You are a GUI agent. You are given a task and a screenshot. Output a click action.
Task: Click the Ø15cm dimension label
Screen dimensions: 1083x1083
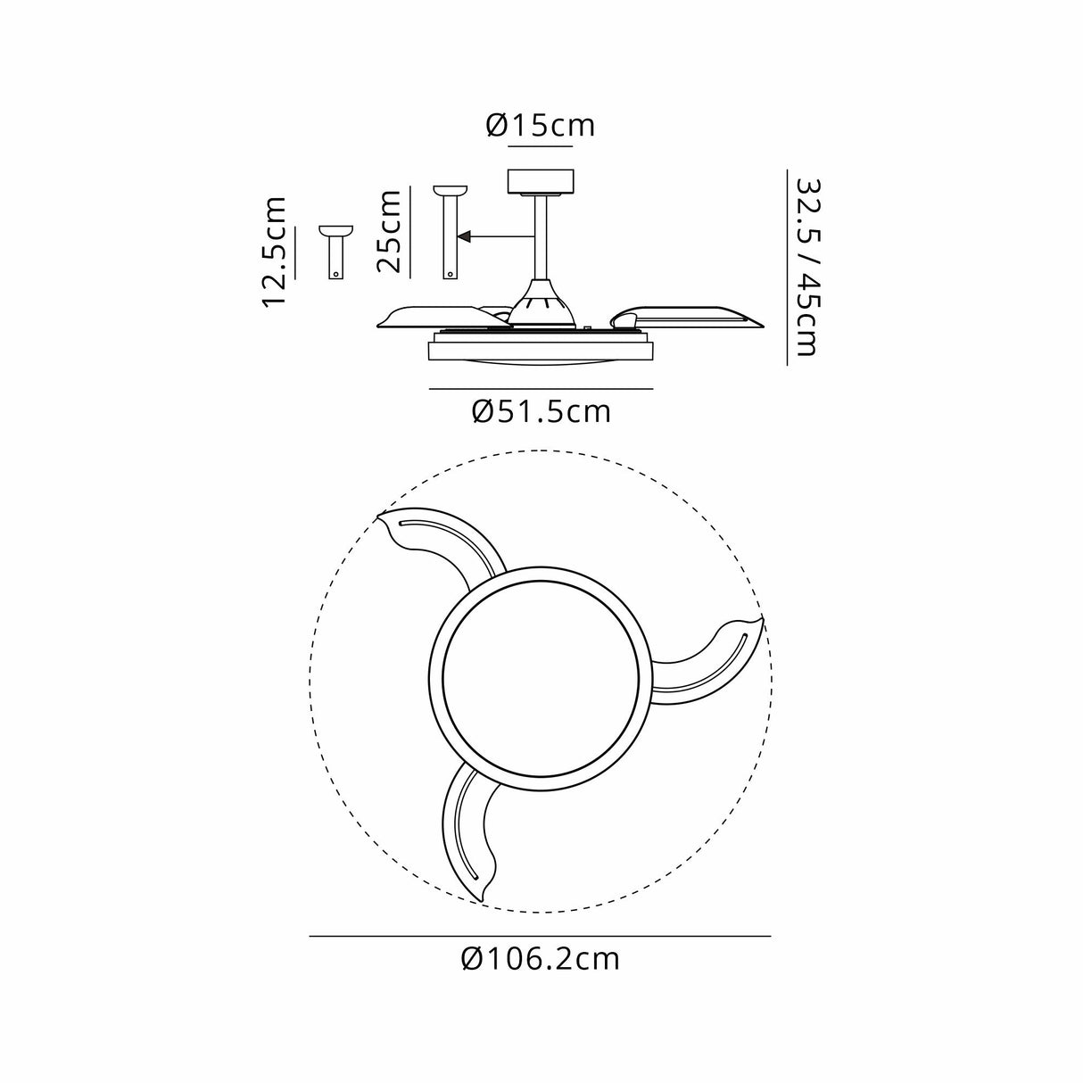[x=541, y=126]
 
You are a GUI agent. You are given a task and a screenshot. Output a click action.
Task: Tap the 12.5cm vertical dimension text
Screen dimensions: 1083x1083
[x=275, y=252]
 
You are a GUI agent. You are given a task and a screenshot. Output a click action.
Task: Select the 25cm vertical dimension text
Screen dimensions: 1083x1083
[x=389, y=231]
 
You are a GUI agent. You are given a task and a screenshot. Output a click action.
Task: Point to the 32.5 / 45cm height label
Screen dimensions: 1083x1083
[x=806, y=266]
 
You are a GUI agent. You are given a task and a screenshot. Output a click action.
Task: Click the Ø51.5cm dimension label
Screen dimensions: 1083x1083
[x=541, y=411]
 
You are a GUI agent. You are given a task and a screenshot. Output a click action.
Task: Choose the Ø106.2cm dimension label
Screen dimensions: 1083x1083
[x=541, y=959]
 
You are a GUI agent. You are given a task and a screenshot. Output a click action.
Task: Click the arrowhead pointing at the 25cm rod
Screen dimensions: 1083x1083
[x=464, y=237]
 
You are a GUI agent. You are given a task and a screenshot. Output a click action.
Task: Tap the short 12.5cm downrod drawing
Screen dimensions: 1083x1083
[x=335, y=252]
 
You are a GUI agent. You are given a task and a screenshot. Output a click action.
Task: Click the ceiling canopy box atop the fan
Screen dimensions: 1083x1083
[x=541, y=182]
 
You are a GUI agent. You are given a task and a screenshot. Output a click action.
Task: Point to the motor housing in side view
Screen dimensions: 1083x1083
[x=541, y=303]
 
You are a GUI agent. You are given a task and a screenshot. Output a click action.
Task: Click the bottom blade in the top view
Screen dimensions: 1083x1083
[x=468, y=830]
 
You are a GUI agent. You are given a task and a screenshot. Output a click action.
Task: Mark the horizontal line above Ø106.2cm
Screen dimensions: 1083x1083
[x=541, y=936]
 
